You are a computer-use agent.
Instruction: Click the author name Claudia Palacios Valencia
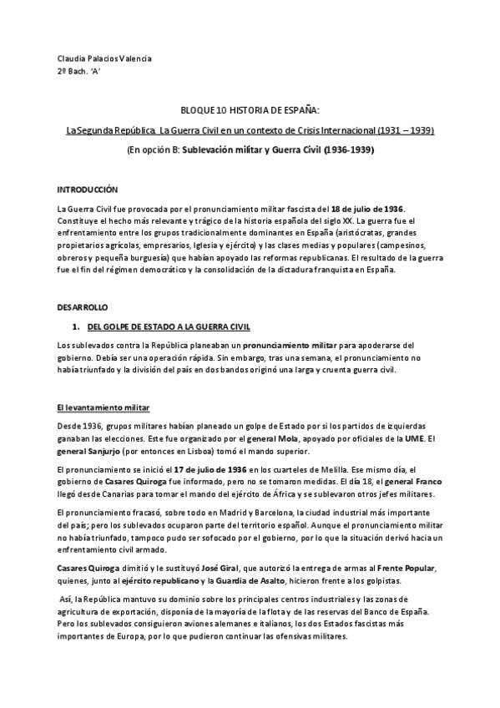click(104, 58)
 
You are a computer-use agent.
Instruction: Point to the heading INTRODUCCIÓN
click(87, 190)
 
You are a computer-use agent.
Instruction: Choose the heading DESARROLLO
click(83, 308)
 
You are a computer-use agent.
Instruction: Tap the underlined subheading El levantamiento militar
click(103, 407)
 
